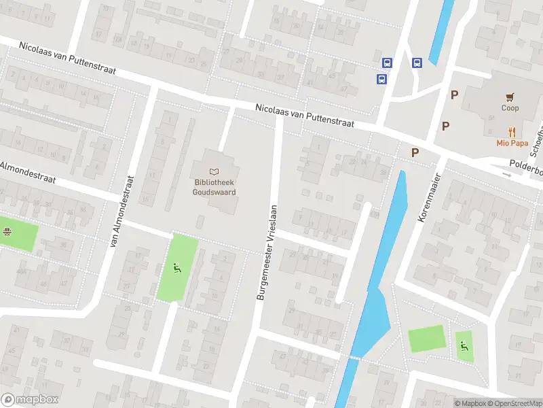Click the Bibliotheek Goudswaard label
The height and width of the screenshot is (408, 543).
[215, 188]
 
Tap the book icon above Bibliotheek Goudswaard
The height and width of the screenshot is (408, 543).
[215, 173]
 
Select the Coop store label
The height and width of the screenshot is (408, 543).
[510, 108]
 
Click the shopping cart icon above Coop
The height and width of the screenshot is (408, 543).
[510, 97]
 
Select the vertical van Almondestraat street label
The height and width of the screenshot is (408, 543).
[124, 211]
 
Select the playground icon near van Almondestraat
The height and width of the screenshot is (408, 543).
[177, 268]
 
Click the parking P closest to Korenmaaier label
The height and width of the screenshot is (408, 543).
[414, 153]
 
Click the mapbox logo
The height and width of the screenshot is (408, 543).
[29, 400]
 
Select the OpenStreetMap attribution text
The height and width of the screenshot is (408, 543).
[515, 403]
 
